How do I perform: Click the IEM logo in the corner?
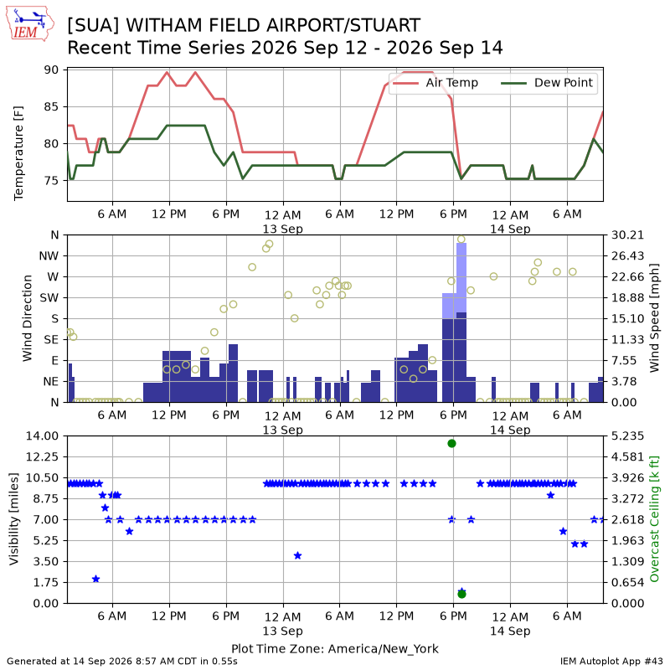tap(30, 23)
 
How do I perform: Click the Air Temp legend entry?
tap(435, 82)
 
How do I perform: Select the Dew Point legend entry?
tap(548, 82)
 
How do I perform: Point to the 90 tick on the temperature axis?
tap(51, 70)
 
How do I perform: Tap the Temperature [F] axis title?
tap(18, 153)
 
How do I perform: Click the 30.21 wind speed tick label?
tap(627, 235)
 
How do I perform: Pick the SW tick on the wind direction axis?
tap(49, 298)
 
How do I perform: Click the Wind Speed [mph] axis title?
tap(654, 318)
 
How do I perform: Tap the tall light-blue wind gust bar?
tap(461, 278)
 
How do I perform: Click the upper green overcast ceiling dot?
tap(451, 444)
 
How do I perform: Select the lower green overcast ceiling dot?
tap(461, 594)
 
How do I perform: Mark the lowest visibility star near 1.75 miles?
tap(95, 579)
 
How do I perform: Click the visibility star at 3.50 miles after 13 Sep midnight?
tap(298, 555)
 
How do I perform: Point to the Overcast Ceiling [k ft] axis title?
tap(654, 519)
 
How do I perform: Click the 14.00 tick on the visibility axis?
tap(43, 436)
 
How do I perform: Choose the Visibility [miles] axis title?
tap(14, 519)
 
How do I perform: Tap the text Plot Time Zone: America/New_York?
tap(335, 648)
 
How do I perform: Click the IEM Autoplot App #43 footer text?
tap(611, 662)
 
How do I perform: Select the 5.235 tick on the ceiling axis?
tap(627, 436)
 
